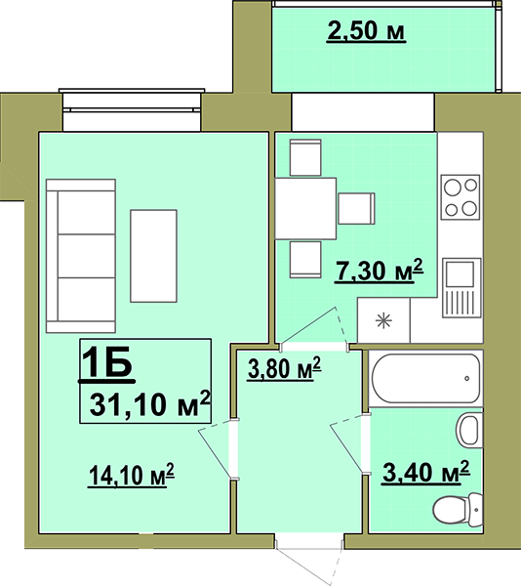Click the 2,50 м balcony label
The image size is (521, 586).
(x=366, y=30)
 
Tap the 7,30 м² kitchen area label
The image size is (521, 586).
(x=379, y=270)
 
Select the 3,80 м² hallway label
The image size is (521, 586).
(x=284, y=368)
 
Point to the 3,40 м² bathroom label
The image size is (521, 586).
(x=425, y=472)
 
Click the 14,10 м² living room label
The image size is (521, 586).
(x=132, y=475)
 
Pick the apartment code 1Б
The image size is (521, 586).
(x=107, y=363)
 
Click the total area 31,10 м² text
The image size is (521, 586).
(x=150, y=403)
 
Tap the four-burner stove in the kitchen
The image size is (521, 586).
(x=461, y=197)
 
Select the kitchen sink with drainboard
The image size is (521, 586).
(x=461, y=288)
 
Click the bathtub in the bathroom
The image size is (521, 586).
(x=425, y=378)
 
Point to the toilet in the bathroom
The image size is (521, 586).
(x=458, y=510)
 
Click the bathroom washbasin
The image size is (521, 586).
(x=469, y=430)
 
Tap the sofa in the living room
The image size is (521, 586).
(x=81, y=256)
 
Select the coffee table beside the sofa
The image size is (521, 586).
(x=153, y=256)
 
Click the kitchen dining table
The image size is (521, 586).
(x=305, y=209)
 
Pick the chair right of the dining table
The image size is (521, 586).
(x=356, y=209)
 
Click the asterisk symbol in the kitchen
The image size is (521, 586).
(x=383, y=320)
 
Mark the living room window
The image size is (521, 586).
(x=132, y=109)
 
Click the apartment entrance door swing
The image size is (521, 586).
(x=309, y=559)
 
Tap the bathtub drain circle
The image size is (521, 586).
(x=467, y=379)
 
